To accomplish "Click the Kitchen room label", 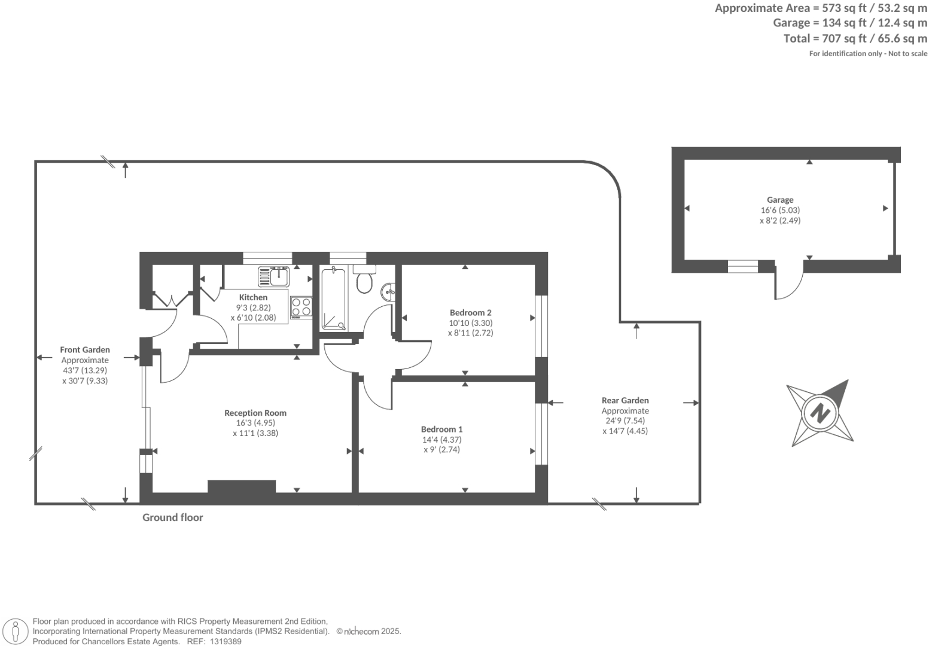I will [x=253, y=297].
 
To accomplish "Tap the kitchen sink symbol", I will [x=274, y=276].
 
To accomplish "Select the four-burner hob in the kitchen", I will [x=301, y=307].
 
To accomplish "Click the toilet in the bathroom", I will [x=364, y=282].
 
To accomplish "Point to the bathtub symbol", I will [x=333, y=300].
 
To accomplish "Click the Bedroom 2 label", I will [x=470, y=312].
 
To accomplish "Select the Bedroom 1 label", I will [x=441, y=429].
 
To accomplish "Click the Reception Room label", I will [x=255, y=413].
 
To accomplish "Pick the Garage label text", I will [x=780, y=200].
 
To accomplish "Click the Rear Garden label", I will [x=625, y=400].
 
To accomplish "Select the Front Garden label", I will [x=85, y=350].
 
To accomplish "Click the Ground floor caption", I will [x=172, y=517].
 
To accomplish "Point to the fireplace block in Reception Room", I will [x=242, y=486].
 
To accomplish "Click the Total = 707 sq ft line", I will [x=855, y=38].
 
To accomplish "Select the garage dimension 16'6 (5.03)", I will [x=780, y=210].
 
